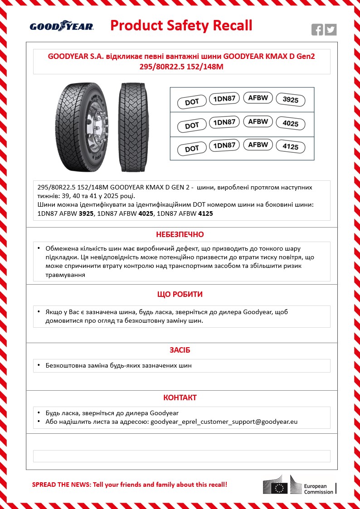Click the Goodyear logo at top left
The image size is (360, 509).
pyautogui.click(x=62, y=26)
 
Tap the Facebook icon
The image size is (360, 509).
pyautogui.click(x=317, y=30)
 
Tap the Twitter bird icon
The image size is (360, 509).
pyautogui.click(x=331, y=30)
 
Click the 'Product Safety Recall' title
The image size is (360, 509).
pyautogui.click(x=181, y=25)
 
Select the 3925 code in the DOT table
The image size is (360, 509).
pyautogui.click(x=291, y=100)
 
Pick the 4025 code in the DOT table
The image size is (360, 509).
pyautogui.click(x=291, y=124)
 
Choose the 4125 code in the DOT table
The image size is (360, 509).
pyautogui.click(x=291, y=147)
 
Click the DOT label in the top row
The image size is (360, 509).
pyautogui.click(x=192, y=102)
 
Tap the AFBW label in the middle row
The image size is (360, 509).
pyautogui.click(x=258, y=121)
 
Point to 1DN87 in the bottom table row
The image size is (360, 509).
pyautogui.click(x=224, y=145)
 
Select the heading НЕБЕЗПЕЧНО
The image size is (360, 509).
pyautogui.click(x=180, y=234)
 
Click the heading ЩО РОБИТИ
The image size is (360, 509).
pyautogui.click(x=180, y=294)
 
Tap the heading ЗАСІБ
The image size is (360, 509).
pyautogui.click(x=180, y=350)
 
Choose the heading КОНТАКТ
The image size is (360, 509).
pyautogui.click(x=180, y=398)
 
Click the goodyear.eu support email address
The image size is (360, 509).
pyautogui.click(x=224, y=422)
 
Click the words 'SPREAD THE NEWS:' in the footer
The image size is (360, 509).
pyautogui.click(x=61, y=485)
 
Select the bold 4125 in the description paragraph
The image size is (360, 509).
pyautogui.click(x=206, y=213)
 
